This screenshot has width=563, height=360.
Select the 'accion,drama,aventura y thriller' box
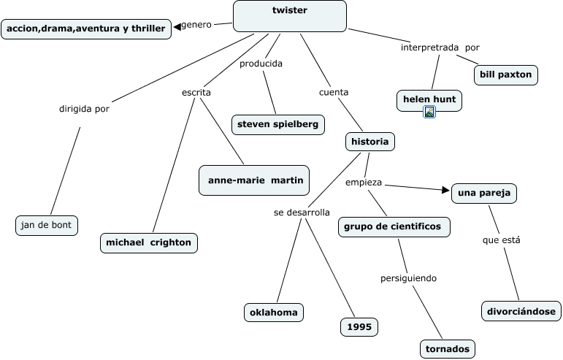click(88, 28)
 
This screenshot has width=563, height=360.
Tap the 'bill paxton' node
click(506, 74)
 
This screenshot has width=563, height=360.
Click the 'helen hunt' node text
click(429, 99)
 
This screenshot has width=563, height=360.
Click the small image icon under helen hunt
click(429, 112)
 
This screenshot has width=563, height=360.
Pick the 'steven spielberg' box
click(277, 124)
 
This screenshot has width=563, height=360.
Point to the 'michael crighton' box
click(149, 242)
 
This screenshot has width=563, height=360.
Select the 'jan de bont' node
click(47, 225)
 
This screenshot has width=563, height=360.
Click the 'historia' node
click(370, 142)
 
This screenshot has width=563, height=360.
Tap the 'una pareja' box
click(484, 193)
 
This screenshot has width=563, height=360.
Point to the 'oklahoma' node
click(274, 313)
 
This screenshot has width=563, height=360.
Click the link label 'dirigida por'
click(84, 110)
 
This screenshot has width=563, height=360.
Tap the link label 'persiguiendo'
click(409, 278)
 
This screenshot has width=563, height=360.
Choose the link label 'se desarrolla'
click(302, 212)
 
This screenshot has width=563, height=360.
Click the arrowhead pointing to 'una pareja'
click(446, 190)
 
